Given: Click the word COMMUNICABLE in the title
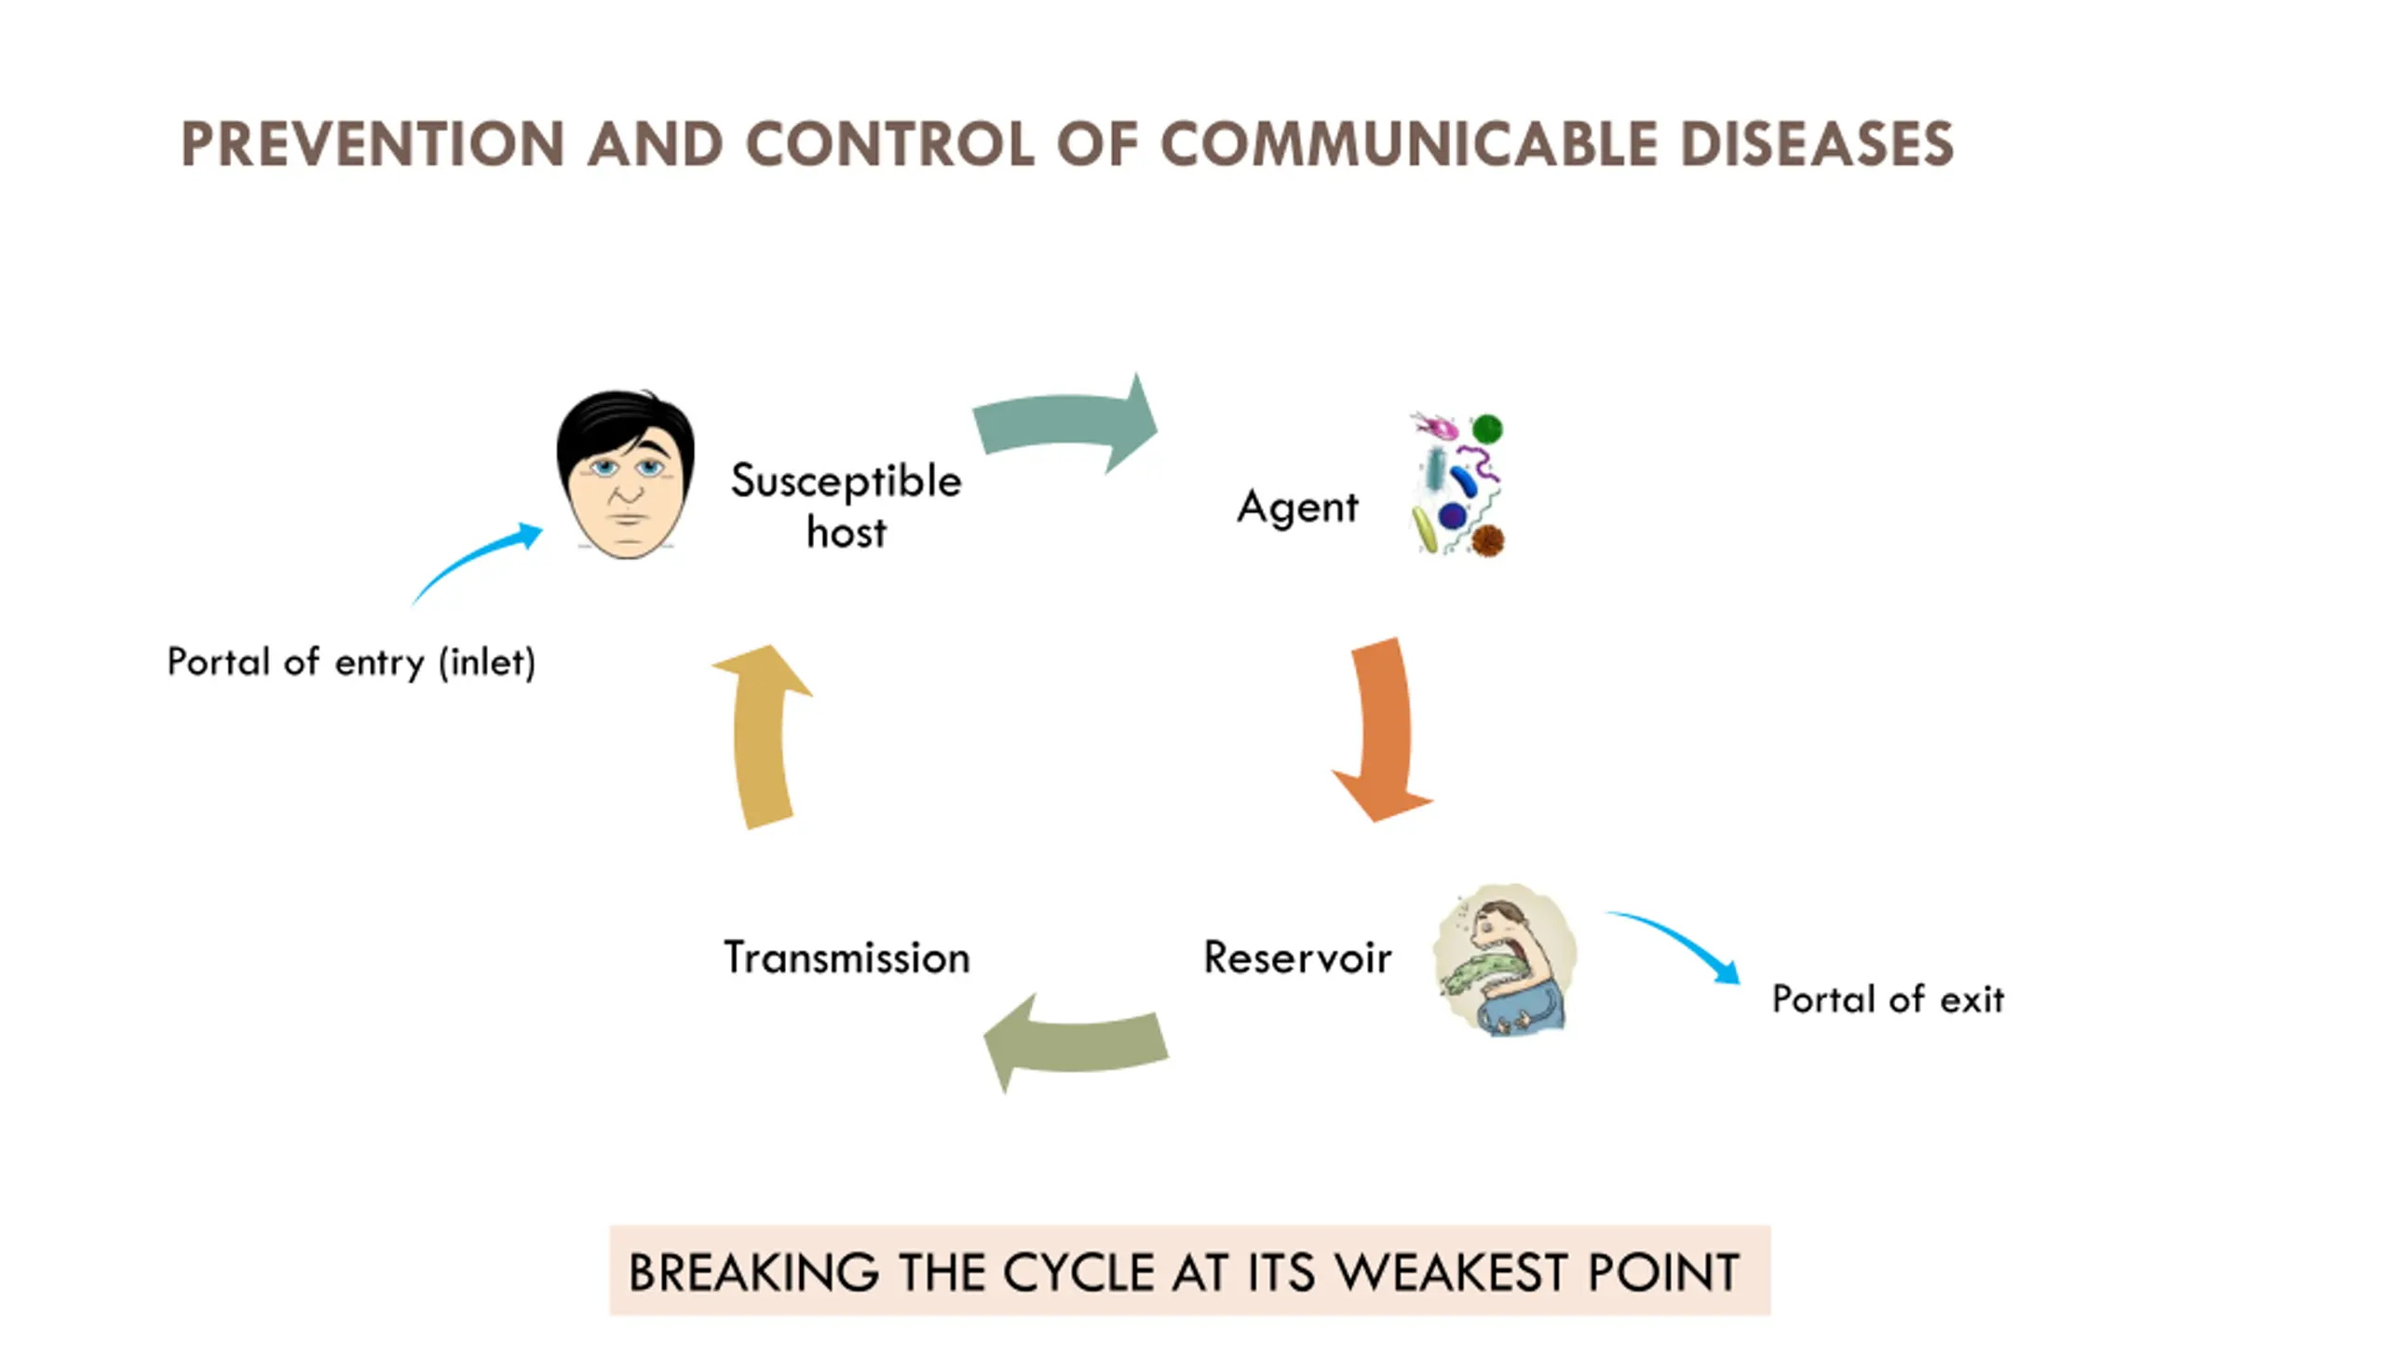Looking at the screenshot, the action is (1409, 144).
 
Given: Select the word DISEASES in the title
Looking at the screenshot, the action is (1816, 144).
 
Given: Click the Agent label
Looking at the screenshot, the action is (1297, 508).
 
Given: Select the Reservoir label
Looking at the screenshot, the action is (1297, 958).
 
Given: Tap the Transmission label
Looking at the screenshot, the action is (847, 958).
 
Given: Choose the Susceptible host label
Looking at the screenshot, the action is (846, 506).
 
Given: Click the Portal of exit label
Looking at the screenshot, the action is (1888, 999).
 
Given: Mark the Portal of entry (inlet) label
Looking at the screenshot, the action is (351, 662).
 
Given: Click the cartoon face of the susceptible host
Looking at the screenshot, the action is (626, 475).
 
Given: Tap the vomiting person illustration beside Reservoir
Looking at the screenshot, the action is (1504, 959).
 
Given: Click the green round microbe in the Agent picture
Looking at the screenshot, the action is (1487, 428).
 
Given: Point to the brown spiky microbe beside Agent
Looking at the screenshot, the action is (1488, 540).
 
